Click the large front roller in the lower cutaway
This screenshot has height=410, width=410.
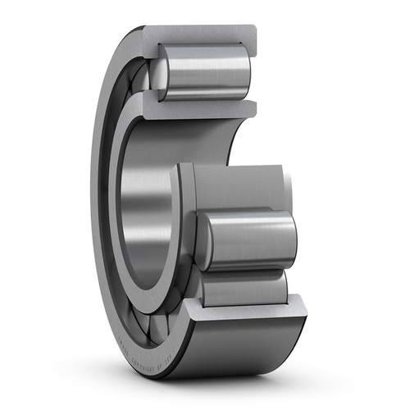[x=250, y=239]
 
